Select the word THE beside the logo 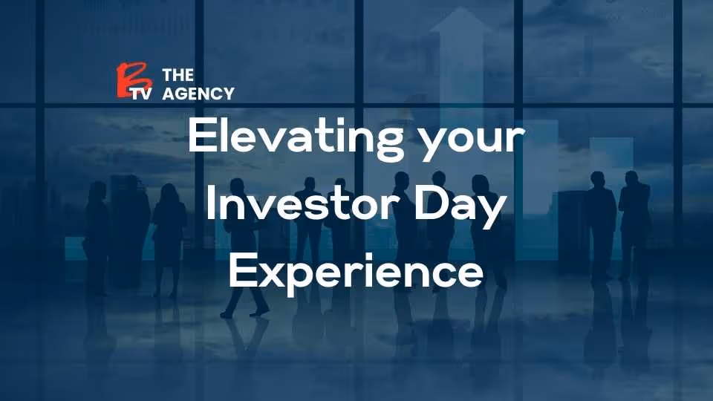click(x=178, y=75)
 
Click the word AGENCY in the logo click(x=198, y=94)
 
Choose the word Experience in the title click(x=356, y=273)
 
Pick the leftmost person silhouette click(x=97, y=230)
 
